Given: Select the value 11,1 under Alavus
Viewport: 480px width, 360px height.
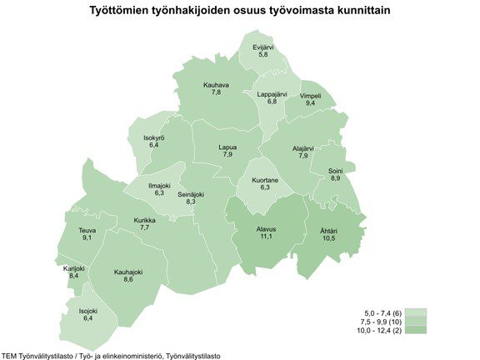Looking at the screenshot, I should (x=267, y=237).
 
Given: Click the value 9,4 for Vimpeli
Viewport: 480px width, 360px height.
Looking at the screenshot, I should (x=311, y=104).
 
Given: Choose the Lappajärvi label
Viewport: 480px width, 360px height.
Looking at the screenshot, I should (x=272, y=94).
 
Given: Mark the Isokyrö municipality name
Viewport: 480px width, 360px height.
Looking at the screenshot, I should (x=154, y=137).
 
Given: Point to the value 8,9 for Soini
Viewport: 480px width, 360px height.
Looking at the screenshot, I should (x=335, y=178).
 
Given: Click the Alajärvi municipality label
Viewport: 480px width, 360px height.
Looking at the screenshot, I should (x=303, y=147).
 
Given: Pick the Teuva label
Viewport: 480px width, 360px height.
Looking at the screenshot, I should (x=87, y=230).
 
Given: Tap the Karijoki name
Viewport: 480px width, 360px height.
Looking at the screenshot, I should (x=74, y=267).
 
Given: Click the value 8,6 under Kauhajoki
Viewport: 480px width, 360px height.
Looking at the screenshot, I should (x=128, y=280).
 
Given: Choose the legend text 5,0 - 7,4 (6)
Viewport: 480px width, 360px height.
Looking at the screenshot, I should (x=382, y=312).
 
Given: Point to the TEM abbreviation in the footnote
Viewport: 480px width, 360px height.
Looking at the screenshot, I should (x=10, y=355).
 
